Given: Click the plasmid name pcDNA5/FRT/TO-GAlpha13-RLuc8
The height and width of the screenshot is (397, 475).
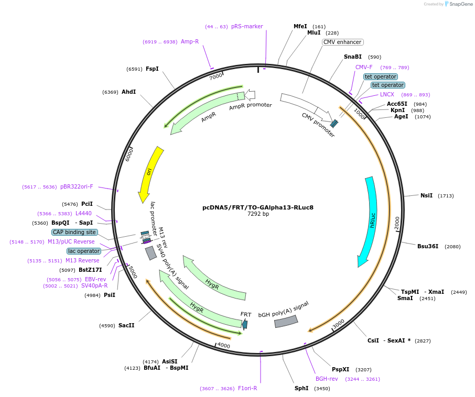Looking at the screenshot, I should tap(258, 207).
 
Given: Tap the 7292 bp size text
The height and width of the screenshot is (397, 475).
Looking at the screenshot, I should tap(258, 214).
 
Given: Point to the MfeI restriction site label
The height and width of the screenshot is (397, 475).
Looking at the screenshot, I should tap(300, 26).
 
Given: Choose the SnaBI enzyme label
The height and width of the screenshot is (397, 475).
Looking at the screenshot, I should tap(353, 57).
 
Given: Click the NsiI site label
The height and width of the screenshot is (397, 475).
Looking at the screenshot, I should tap(427, 195).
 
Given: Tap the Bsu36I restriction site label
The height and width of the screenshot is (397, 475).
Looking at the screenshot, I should tap(428, 246).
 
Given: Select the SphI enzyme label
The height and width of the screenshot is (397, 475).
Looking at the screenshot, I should tap(301, 388).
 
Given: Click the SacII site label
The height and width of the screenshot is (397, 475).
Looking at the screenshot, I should tap(126, 325).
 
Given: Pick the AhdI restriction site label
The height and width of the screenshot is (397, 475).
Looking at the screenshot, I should tap(129, 92).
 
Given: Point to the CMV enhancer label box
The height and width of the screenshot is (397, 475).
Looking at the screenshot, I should tap(342, 42).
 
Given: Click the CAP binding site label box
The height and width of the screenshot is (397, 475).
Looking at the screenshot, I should tap(74, 232).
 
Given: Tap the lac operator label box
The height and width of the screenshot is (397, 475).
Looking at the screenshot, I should tap(83, 251).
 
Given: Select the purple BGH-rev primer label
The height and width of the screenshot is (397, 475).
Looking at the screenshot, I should tap(327, 379).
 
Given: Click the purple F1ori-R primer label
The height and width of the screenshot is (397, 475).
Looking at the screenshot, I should tap(247, 388).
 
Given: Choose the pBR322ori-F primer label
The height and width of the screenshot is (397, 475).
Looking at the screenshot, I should tap(77, 186).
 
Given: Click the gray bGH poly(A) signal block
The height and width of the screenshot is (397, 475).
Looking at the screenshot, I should tap(286, 321).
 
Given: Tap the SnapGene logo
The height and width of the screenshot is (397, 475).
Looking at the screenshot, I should tap(454, 4).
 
